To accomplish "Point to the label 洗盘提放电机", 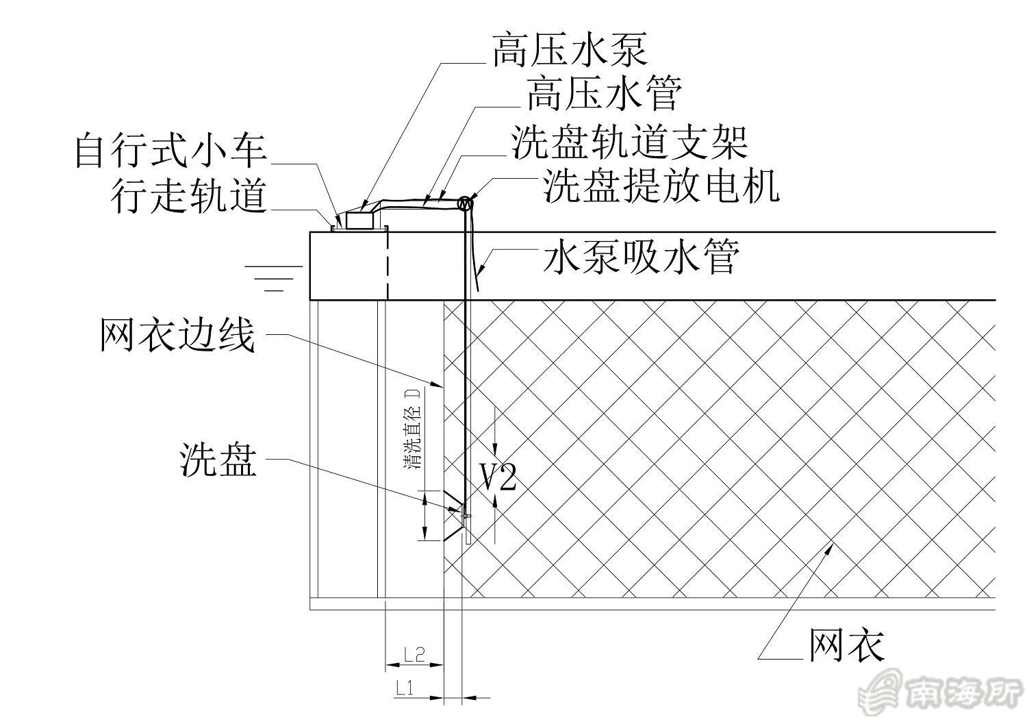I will coord(661,185).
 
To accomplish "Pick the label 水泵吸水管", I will coord(641,259).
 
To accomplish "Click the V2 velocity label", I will coord(497,477).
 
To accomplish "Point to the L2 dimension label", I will coord(414,654).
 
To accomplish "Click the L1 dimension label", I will coord(405,688).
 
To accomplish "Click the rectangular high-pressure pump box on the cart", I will coord(360,220).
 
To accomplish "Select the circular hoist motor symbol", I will coord(466,202).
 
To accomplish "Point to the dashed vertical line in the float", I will coord(388,264).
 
